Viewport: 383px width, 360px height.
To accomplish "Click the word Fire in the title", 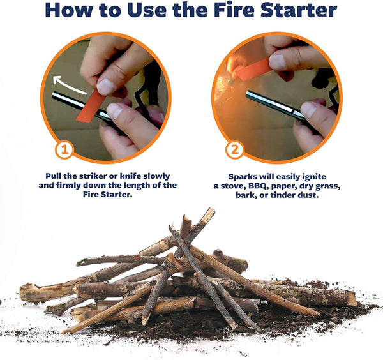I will (x=230, y=11).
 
